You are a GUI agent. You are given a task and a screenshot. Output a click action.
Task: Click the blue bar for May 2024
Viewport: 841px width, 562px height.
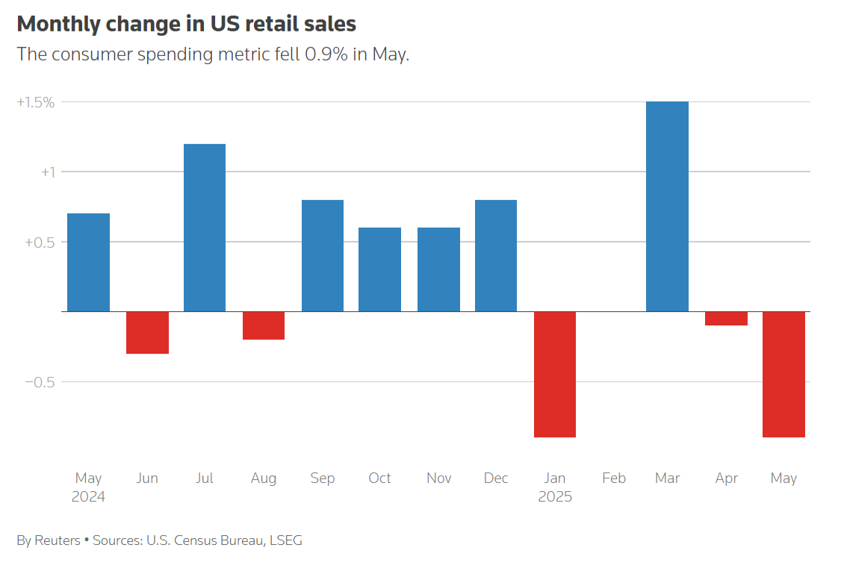tap(88, 263)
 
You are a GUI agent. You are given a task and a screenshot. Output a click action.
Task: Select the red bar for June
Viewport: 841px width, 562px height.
tap(147, 332)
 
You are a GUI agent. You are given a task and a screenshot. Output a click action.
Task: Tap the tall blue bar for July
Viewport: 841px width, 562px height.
tap(205, 228)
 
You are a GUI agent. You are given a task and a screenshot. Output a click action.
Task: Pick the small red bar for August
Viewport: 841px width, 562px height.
tap(264, 325)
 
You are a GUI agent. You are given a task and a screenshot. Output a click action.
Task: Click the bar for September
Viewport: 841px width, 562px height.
tap(323, 255)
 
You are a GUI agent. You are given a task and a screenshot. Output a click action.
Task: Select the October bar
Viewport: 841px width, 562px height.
tap(379, 269)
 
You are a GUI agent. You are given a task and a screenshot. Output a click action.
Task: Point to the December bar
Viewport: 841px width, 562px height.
tap(496, 255)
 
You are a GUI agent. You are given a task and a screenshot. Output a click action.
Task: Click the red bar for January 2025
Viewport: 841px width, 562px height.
tap(555, 374)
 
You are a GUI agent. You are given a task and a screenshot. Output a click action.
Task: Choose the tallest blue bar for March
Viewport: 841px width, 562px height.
tap(667, 207)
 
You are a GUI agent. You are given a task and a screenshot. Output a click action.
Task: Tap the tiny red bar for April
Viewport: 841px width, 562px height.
tap(726, 319)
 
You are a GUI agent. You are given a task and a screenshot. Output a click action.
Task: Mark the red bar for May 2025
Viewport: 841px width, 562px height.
tap(783, 374)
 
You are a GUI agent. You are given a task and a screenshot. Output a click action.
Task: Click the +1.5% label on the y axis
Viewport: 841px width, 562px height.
tap(36, 102)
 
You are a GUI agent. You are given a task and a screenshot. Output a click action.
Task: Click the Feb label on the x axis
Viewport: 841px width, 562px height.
tap(613, 478)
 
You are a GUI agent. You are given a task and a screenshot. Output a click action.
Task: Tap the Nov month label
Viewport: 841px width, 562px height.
tap(438, 478)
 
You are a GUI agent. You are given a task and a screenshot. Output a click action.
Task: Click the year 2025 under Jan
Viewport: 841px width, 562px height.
tap(555, 497)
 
